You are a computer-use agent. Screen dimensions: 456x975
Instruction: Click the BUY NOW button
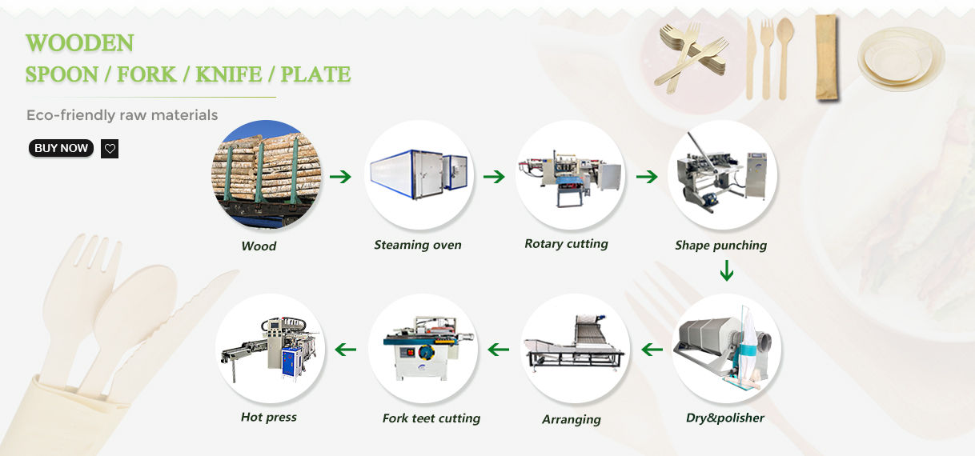click(x=61, y=148)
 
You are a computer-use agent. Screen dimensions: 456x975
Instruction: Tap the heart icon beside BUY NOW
click(x=110, y=149)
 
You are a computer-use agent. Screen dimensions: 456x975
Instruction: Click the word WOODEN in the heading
click(x=79, y=42)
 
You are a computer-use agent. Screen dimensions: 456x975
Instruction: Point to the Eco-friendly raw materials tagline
click(x=122, y=115)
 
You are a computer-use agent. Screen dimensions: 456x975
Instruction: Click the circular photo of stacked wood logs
click(x=266, y=174)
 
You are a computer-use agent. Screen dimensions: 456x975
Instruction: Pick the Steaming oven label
click(x=418, y=245)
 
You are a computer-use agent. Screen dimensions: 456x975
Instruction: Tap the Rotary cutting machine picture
click(x=569, y=174)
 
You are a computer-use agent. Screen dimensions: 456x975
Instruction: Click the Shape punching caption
click(x=720, y=245)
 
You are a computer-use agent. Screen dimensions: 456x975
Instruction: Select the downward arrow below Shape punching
click(x=726, y=272)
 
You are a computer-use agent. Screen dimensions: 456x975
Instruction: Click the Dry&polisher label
click(x=725, y=418)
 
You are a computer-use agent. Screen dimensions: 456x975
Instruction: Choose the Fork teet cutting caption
click(x=431, y=418)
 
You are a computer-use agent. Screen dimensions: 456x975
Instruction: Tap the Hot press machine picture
click(x=271, y=349)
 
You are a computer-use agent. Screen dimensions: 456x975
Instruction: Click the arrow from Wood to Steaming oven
click(x=340, y=176)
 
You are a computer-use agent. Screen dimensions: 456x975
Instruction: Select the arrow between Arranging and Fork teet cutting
click(x=499, y=349)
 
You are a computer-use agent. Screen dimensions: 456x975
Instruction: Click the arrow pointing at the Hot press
click(x=345, y=349)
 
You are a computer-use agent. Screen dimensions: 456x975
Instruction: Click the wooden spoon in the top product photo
click(x=784, y=56)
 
